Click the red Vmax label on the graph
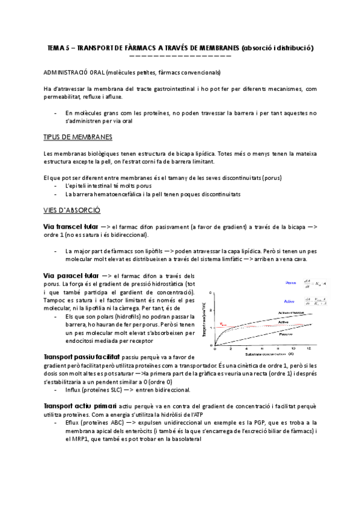pyautogui.click(x=223, y=324)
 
